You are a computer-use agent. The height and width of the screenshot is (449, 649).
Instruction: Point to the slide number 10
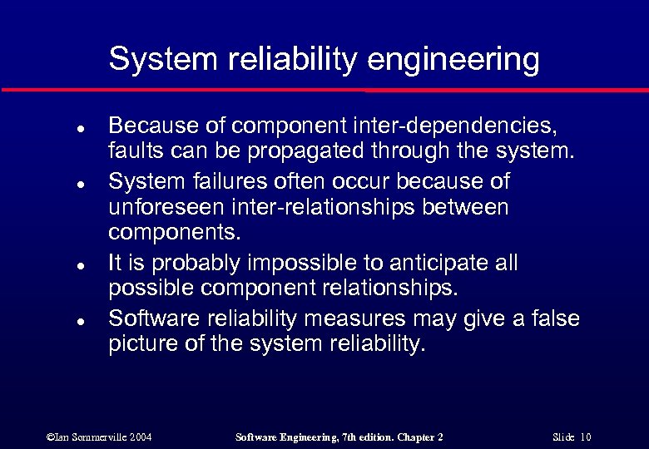[586, 437]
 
